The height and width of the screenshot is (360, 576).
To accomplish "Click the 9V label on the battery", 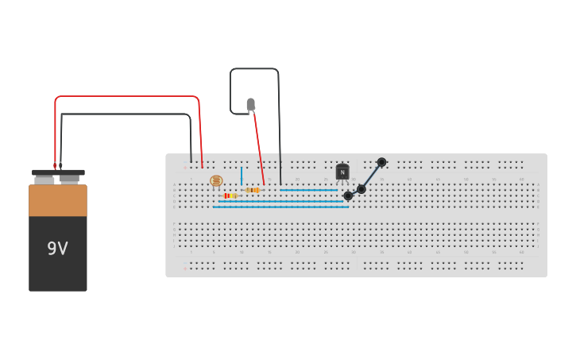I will (57, 249).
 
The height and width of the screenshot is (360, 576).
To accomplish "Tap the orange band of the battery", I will (58, 200).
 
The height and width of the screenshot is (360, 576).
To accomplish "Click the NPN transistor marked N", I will (342, 172).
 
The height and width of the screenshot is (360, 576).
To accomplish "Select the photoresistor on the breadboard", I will (216, 181).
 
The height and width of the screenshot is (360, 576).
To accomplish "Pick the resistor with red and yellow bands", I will (230, 195).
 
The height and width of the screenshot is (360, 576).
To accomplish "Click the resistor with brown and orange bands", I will (253, 190).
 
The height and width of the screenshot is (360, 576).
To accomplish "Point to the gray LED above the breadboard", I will (251, 104).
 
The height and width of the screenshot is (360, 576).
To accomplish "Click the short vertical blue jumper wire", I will (242, 176).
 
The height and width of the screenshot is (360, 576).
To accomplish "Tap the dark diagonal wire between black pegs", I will (371, 176).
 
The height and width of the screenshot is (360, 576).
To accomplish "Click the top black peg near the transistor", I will (381, 162).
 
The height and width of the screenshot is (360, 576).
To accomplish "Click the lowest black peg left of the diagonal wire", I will (348, 195).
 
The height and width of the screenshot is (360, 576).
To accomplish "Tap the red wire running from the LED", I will (258, 147).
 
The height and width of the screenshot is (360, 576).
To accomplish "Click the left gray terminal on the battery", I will (44, 180).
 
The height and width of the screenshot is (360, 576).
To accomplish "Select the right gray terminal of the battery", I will (70, 179).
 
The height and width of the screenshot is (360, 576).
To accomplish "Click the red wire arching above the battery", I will (127, 97).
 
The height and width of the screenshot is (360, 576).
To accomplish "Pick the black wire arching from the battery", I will (127, 114).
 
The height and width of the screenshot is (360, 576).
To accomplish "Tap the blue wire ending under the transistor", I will (310, 190).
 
